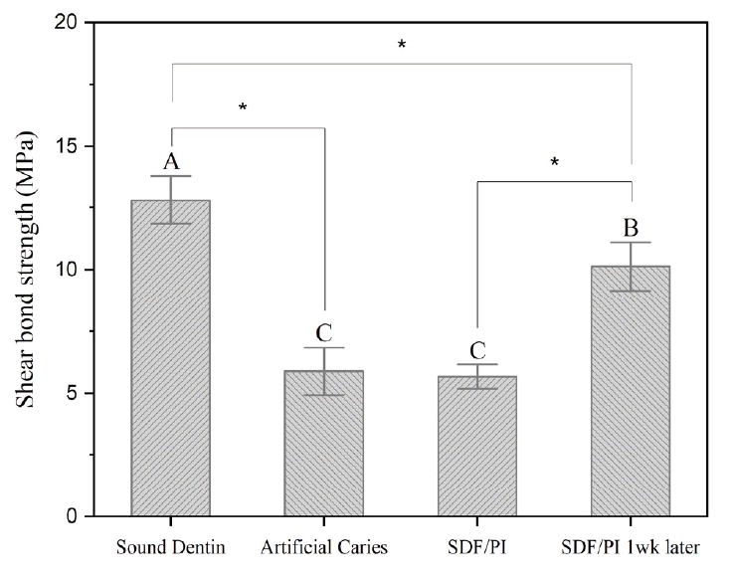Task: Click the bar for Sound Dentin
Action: tap(170, 358)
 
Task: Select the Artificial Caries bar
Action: tap(323, 444)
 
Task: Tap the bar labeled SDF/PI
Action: tap(477, 446)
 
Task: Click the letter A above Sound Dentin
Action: tap(170, 162)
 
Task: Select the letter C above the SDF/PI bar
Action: tap(477, 351)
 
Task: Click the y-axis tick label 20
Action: tap(68, 23)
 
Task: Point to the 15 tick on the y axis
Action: tap(68, 146)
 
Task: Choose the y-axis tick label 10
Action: tap(68, 270)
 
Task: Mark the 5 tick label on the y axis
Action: tap(74, 393)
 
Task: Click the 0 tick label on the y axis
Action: tap(74, 516)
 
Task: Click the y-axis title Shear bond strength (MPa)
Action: tap(24, 269)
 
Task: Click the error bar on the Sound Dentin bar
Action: tap(170, 199)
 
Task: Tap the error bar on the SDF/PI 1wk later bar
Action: tap(631, 266)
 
